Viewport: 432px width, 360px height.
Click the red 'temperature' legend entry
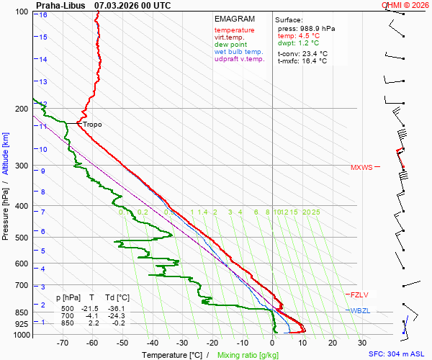tap(234, 30)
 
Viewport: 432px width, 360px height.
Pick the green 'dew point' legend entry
tap(230, 45)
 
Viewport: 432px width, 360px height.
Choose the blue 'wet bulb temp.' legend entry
tap(238, 52)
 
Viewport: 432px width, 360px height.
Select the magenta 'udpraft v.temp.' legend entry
tap(240, 59)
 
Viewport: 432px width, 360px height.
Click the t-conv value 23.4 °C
tap(312, 53)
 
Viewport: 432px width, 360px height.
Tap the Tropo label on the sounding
tap(92, 125)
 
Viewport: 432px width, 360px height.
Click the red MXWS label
tap(362, 168)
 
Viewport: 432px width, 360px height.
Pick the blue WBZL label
tap(360, 310)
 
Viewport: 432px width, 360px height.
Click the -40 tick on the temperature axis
tap(153, 343)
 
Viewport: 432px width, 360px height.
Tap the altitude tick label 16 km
tap(43, 15)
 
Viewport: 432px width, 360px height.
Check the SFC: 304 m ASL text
tap(396, 354)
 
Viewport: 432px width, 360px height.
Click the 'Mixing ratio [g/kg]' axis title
tap(248, 355)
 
